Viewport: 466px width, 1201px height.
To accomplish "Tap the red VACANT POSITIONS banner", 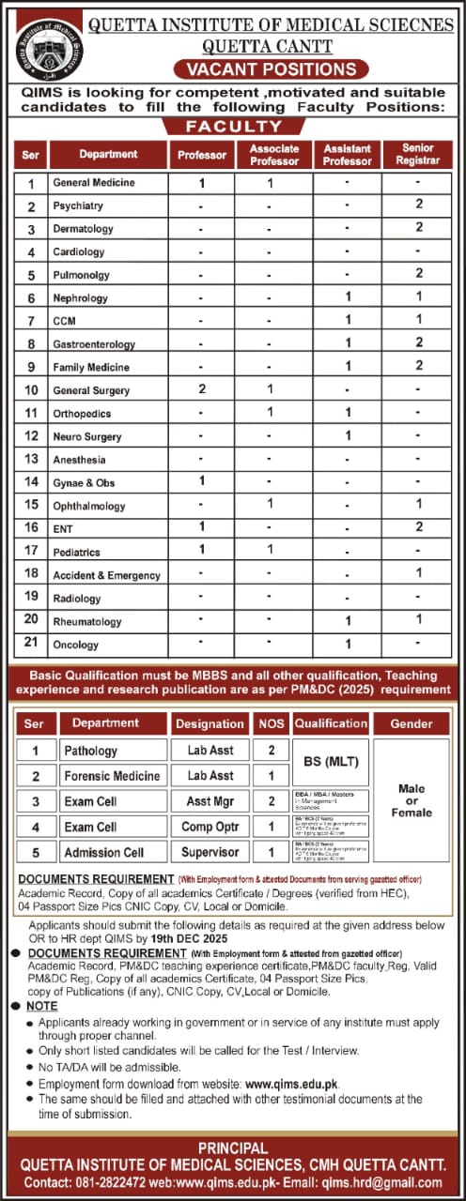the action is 271,69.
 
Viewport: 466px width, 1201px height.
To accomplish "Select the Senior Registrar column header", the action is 418,155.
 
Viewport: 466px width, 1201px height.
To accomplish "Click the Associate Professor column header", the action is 273,155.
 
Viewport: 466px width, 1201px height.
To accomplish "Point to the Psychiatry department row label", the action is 78,205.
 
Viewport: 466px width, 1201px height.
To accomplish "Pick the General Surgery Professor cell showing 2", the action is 201,388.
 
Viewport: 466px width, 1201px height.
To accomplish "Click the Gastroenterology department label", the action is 94,344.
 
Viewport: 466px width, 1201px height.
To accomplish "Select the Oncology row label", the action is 76,645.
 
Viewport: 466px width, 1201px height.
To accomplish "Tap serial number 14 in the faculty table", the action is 31,482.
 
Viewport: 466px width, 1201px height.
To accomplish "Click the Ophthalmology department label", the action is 89,506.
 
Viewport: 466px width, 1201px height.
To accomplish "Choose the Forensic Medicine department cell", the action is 111,776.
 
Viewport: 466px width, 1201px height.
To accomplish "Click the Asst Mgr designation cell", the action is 210,801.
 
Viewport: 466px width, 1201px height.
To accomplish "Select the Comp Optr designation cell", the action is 210,827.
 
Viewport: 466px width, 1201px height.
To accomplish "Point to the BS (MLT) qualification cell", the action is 330,761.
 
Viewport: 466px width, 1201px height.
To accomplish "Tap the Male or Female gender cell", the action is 412,800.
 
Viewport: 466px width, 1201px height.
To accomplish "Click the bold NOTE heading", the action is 42,1005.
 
